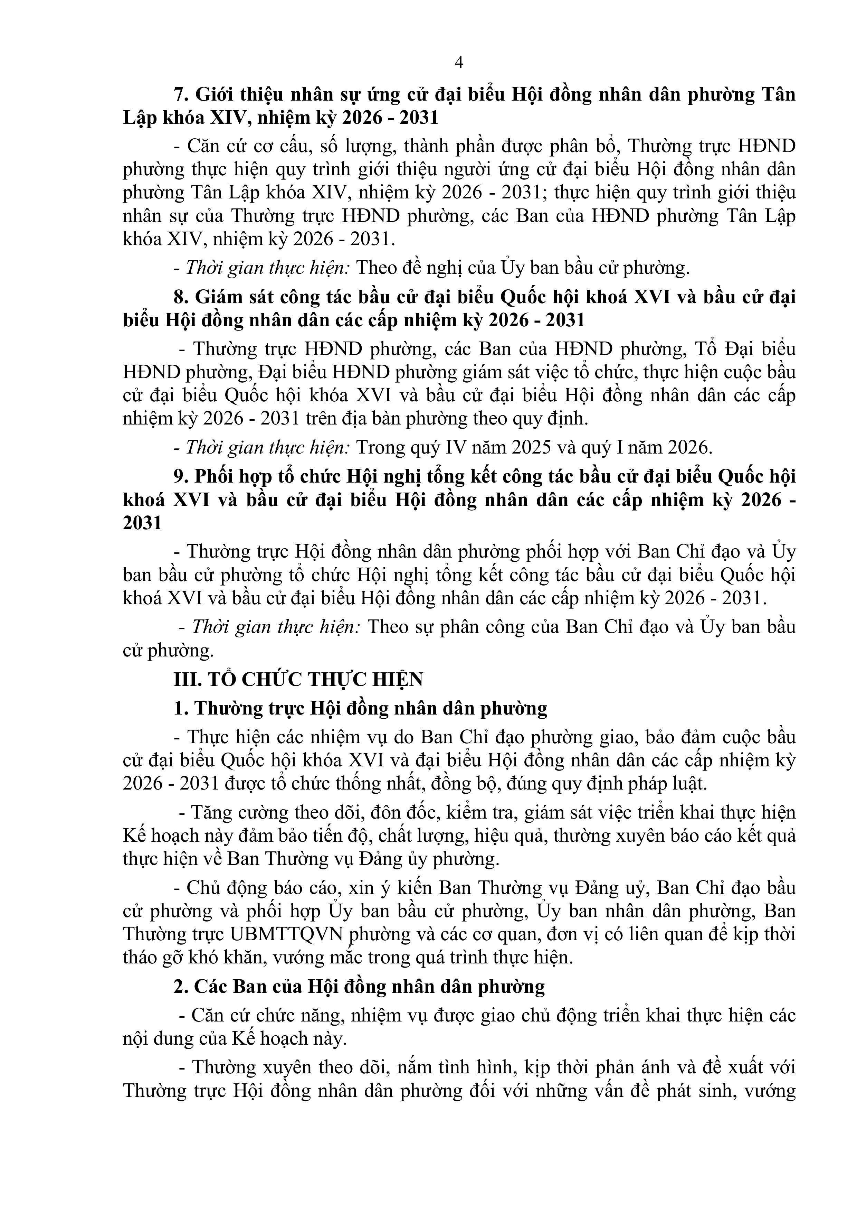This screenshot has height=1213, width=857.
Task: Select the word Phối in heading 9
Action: coord(212,477)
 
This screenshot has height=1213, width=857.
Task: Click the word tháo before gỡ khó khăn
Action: coord(142,957)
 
